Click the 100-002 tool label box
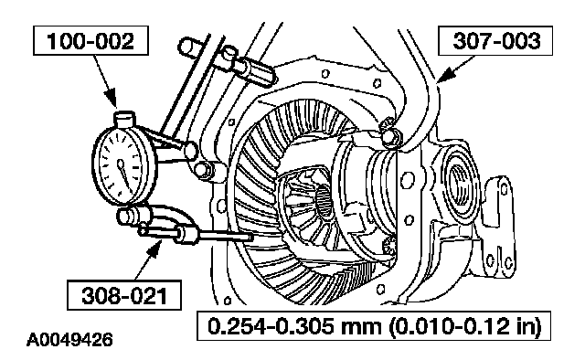tap(90, 41)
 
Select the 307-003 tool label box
tap(495, 41)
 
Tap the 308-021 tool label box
tap(124, 295)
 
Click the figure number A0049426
tap(69, 340)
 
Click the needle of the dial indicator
tap(124, 174)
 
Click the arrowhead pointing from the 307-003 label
tap(446, 75)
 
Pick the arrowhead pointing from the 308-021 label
tap(154, 249)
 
